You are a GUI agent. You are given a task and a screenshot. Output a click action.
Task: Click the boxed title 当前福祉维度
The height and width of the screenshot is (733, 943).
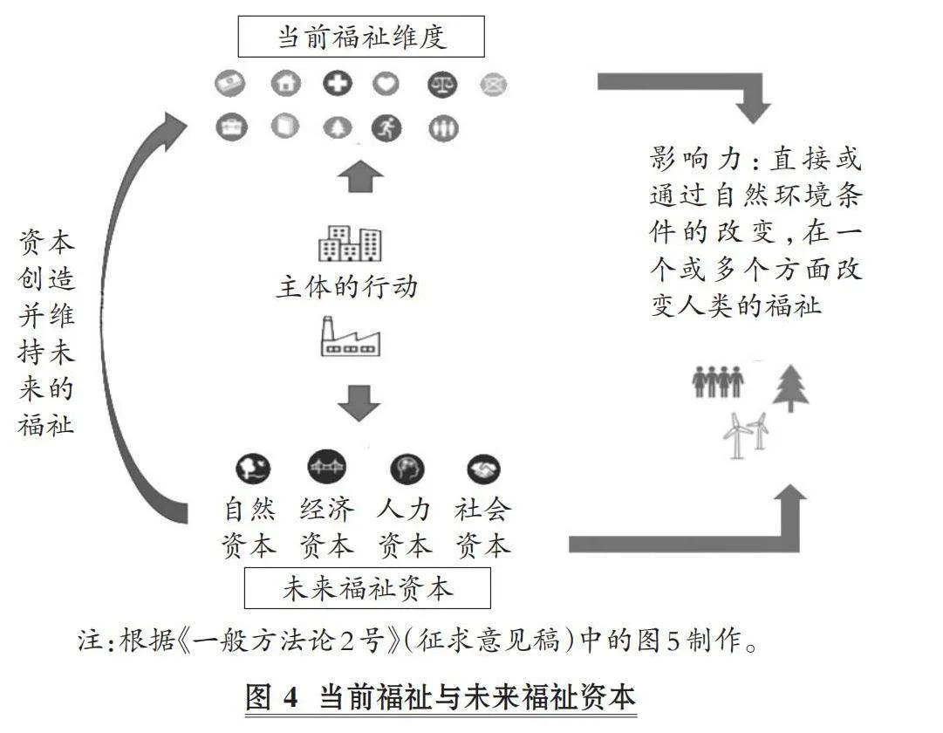click(x=361, y=37)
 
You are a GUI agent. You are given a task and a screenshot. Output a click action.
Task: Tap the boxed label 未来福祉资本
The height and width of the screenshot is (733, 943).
click(x=367, y=588)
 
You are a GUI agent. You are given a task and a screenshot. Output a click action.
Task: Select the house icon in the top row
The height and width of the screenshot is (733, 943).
click(x=285, y=83)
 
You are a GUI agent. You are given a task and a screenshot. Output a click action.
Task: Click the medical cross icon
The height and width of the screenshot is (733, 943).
click(x=338, y=83)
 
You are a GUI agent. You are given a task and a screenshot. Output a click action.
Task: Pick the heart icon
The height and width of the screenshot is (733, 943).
click(x=386, y=83)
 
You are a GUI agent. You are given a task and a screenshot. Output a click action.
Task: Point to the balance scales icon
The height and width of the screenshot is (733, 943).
click(x=442, y=85)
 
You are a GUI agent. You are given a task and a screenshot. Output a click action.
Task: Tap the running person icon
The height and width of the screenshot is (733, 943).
click(x=386, y=127)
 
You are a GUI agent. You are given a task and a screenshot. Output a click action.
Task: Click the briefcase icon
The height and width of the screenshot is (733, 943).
click(x=231, y=127)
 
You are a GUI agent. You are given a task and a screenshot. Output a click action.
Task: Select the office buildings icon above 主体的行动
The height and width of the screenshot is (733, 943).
click(x=350, y=243)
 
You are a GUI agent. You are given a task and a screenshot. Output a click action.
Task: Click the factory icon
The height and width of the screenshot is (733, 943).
click(x=350, y=337)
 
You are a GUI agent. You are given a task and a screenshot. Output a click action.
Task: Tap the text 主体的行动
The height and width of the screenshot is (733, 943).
click(x=347, y=286)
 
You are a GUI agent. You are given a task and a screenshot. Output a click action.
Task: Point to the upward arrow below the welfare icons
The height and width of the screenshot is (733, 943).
click(x=360, y=176)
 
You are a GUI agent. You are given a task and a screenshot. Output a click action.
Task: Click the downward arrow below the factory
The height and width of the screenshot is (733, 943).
click(x=359, y=402)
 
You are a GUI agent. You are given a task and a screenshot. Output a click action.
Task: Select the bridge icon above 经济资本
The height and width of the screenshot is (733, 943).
click(x=326, y=467)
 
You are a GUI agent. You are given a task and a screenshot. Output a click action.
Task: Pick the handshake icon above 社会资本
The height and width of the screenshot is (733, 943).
click(x=483, y=469)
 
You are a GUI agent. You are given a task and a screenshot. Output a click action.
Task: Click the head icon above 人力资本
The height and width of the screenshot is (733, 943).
click(x=407, y=469)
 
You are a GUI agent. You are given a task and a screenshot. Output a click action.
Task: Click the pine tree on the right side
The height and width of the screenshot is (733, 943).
click(x=790, y=388)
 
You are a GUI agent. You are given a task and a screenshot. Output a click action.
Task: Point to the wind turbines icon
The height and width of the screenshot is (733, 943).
click(x=746, y=435)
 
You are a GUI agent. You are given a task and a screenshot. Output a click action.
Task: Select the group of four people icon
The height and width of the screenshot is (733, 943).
click(x=717, y=381)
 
